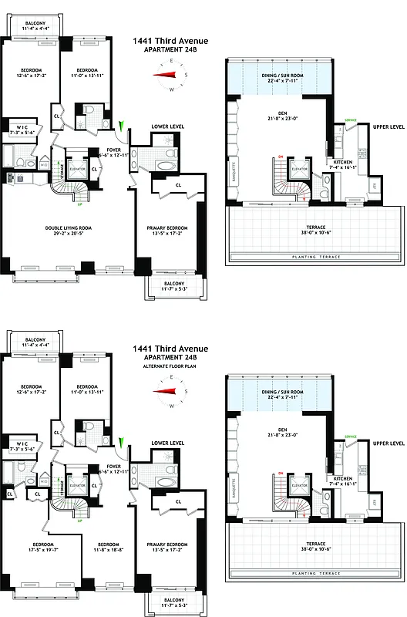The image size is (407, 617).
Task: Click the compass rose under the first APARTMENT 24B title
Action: (170, 75)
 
